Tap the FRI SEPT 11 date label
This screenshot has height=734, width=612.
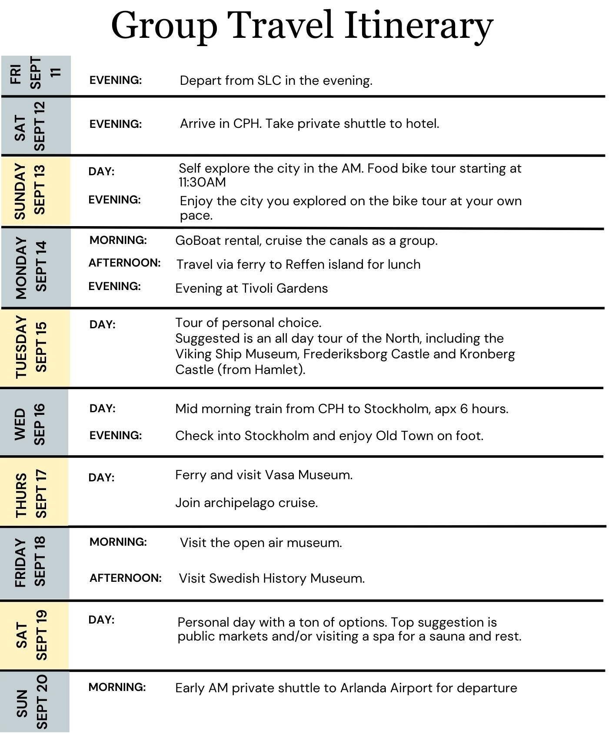tap(36, 74)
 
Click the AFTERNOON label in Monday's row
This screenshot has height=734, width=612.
tap(125, 263)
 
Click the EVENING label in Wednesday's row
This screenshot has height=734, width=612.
tap(116, 436)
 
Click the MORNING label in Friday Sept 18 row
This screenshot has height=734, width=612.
tap(118, 542)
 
